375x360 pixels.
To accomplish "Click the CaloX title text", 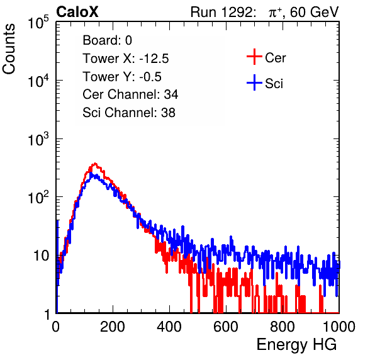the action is [77, 12].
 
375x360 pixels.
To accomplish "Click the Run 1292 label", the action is [221, 12].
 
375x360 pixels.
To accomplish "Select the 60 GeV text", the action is [314, 12].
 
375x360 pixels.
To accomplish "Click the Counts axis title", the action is [9, 49].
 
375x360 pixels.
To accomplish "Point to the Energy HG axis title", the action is [296, 344].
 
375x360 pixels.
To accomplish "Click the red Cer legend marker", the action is [254, 57].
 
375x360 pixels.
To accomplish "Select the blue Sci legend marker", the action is [254, 83].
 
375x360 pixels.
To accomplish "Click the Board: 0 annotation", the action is [107, 40].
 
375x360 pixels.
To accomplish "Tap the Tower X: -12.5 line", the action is [126, 59].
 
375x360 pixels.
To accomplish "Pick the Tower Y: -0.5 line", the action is [122, 77].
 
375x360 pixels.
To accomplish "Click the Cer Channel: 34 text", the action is [130, 94].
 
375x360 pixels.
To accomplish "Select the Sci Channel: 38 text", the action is [129, 113].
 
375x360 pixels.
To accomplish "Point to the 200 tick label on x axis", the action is [113, 327].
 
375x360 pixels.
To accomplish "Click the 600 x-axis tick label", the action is [226, 327].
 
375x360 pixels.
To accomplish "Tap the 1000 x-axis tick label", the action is [339, 327].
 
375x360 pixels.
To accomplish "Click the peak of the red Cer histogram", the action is [95, 164].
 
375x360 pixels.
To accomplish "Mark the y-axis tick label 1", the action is [47, 314].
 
